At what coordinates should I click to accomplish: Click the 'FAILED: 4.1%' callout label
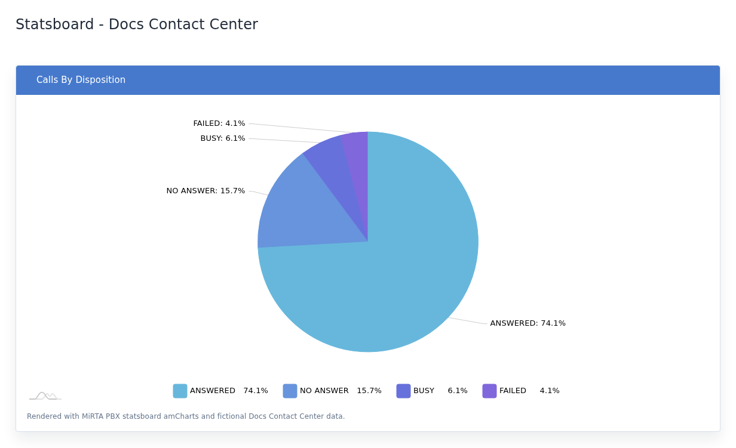coord(219,123)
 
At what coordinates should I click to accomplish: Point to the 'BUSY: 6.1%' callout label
coord(223,138)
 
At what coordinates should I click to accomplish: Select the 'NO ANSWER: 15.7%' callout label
coord(206,191)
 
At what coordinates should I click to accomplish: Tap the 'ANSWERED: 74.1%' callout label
coord(528,323)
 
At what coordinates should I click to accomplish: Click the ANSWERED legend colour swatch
coord(180,391)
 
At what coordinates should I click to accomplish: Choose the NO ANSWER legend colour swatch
coord(290,391)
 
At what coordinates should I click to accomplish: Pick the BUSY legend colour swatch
coord(403,391)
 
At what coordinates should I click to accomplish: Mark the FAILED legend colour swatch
coord(490,391)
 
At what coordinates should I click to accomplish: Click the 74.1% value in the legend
coord(256,391)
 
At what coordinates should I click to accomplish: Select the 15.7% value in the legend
coord(369,391)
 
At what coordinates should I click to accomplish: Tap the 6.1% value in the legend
coord(458,391)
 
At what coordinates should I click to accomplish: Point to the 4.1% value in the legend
coord(550,391)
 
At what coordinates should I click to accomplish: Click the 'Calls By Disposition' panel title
coord(81,80)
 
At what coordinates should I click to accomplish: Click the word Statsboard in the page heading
coord(55,24)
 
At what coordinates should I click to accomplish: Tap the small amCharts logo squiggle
coord(45,396)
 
